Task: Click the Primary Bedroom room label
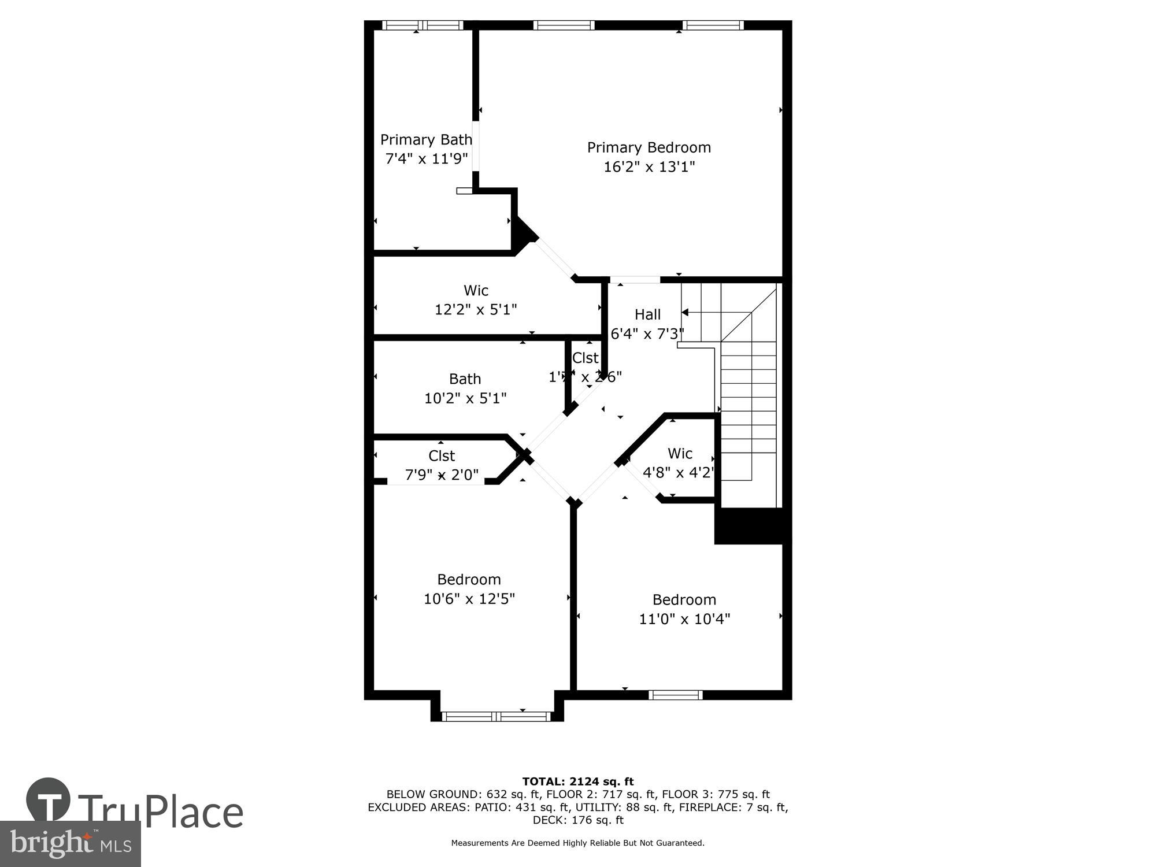(649, 147)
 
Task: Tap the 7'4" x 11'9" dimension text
(426, 158)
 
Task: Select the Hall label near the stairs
(647, 314)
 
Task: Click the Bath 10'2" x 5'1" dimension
(465, 398)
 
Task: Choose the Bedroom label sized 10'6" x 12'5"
(469, 579)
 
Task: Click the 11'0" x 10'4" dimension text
(684, 619)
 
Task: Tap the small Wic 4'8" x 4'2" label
(680, 454)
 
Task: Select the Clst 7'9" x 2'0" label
(442, 456)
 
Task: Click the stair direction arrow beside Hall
(686, 312)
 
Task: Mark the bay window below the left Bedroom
(497, 717)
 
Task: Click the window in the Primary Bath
(423, 25)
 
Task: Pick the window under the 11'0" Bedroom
(675, 695)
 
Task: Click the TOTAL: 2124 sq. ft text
(577, 782)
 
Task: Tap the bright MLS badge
(70, 844)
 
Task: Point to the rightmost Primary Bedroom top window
(712, 25)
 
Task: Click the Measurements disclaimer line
(577, 843)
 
